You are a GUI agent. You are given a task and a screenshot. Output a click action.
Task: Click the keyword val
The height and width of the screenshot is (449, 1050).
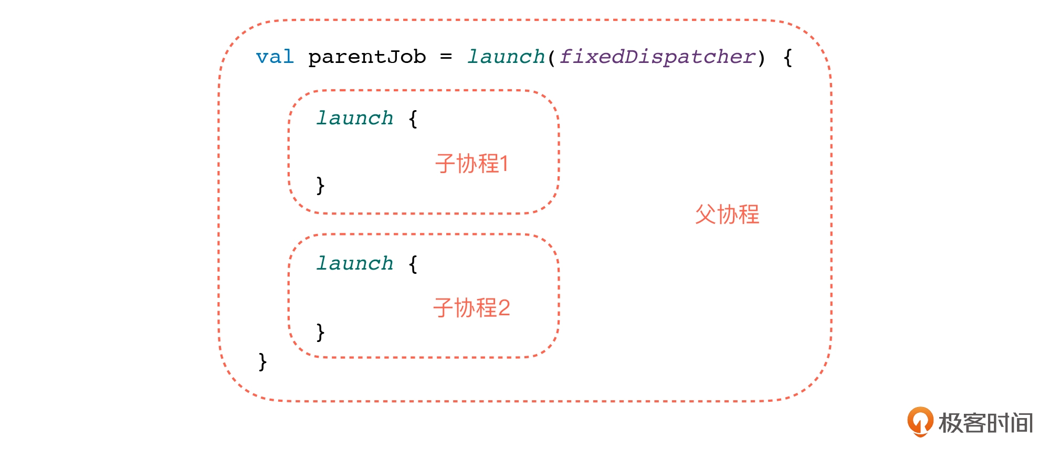[275, 57]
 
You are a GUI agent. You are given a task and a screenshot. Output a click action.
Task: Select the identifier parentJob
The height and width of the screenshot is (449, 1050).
[367, 57]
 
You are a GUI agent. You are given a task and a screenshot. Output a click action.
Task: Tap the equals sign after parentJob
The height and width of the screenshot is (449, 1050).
[446, 57]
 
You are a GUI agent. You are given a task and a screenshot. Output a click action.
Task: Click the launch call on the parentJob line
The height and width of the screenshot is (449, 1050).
[506, 57]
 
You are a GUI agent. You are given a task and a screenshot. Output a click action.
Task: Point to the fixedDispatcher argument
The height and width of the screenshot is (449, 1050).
[657, 57]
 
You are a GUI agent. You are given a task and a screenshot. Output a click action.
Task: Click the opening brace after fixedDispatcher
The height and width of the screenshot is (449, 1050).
[787, 57]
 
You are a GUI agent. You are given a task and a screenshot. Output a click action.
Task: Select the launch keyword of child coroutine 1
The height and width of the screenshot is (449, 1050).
[354, 118]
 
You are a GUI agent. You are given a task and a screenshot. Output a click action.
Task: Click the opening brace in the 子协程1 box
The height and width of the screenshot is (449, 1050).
[413, 119]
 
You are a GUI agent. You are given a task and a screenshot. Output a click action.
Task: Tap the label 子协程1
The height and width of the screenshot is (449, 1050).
[471, 164]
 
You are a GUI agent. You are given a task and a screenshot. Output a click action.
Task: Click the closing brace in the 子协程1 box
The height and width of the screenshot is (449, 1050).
[320, 185]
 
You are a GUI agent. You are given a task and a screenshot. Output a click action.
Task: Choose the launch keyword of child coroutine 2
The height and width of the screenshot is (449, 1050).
[354, 263]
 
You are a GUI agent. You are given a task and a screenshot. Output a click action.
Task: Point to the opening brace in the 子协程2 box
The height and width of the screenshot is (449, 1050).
[413, 263]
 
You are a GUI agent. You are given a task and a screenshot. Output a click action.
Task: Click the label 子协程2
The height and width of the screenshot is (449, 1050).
[471, 308]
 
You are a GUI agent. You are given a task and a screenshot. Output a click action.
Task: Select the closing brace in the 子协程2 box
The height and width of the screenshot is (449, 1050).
[320, 332]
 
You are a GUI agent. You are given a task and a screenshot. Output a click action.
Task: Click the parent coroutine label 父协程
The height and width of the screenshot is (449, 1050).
[727, 215]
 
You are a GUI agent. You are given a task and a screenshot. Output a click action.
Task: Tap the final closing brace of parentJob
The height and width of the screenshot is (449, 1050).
[262, 361]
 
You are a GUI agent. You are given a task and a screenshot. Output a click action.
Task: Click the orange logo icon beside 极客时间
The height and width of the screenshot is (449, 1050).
[920, 422]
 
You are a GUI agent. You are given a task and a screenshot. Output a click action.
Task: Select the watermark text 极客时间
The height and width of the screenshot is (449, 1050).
[986, 423]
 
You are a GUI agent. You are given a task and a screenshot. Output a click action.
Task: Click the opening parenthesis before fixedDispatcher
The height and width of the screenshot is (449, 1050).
[551, 57]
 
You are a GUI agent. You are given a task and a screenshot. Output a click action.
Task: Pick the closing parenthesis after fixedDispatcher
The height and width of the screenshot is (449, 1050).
[761, 57]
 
